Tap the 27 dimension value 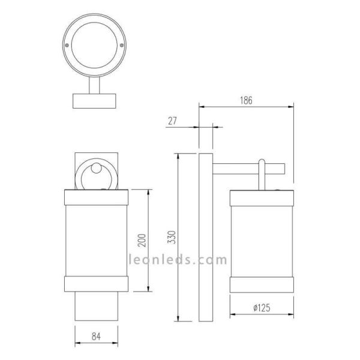[x=172, y=121]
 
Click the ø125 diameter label [x=261, y=308]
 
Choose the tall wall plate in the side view [x=206, y=237]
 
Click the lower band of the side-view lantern [x=262, y=284]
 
